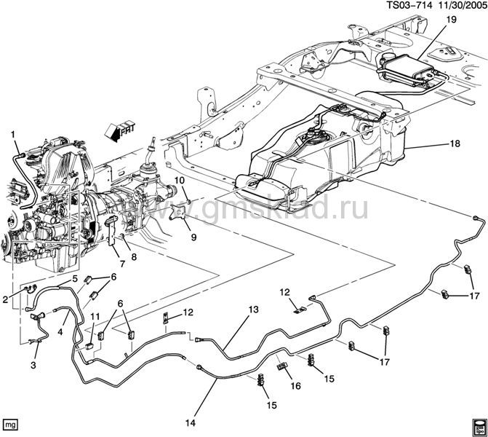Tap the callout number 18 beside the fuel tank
(455, 143)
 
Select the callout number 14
(191, 422)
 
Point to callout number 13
(254, 310)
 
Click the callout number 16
(296, 386)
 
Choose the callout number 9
(193, 237)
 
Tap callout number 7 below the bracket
(122, 264)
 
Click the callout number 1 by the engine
(13, 135)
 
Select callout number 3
(33, 364)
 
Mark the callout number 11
(95, 317)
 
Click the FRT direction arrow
(120, 131)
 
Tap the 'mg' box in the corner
(10, 425)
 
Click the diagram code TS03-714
(409, 5)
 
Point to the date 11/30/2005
(461, 5)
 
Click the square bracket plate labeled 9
(179, 213)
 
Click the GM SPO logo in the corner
(479, 427)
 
